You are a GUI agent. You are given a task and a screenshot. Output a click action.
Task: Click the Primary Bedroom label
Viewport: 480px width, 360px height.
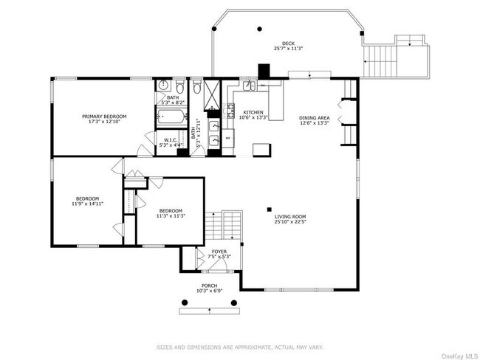[103, 117]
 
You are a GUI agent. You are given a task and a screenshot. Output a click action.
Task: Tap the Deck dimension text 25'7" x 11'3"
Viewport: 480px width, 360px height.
[288, 49]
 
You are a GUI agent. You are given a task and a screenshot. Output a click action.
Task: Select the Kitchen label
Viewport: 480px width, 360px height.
[253, 113]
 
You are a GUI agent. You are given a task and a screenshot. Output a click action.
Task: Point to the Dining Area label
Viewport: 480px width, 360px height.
[313, 118]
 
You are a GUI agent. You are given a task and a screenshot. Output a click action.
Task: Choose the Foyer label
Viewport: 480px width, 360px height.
[219, 252]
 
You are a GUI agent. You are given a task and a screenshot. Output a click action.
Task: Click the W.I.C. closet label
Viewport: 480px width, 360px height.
[168, 140]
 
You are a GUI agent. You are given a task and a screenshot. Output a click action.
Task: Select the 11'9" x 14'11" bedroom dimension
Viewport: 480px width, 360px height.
[87, 203]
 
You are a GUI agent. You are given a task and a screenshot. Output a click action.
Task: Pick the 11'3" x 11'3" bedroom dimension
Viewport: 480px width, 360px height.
[171, 215]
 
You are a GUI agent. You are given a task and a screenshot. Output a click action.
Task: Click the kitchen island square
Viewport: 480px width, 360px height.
[261, 149]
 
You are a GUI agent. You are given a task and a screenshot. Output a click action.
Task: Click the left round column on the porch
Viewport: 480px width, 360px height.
[184, 302]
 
